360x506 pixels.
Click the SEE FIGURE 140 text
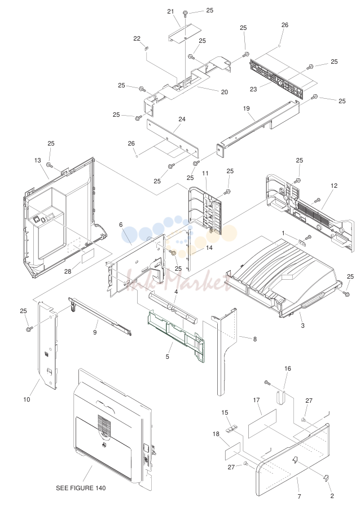point(81,488)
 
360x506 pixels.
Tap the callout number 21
point(170,12)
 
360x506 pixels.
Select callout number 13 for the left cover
point(37,160)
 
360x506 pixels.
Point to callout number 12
point(334,186)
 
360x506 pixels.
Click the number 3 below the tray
point(302,325)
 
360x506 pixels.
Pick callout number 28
point(68,271)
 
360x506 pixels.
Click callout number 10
point(27,399)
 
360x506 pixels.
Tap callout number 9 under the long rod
point(95,332)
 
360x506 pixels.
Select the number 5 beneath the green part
point(167,357)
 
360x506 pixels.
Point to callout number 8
point(254,339)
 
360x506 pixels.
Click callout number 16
point(287,368)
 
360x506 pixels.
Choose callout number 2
point(332,496)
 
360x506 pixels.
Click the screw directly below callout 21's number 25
point(185,13)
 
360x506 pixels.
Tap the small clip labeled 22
point(146,49)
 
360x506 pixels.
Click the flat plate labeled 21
point(185,34)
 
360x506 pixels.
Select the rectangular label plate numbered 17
point(262,424)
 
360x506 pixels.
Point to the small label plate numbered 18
point(233,451)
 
